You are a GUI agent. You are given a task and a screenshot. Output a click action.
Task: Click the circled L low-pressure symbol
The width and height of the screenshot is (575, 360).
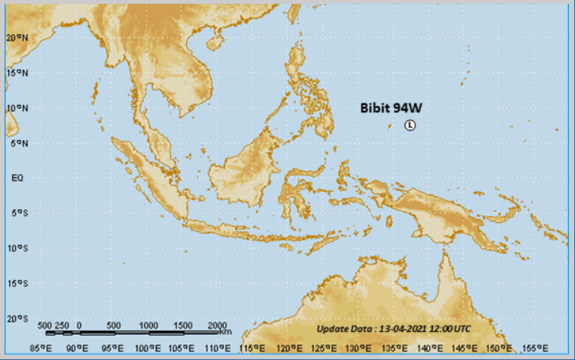click(x=410, y=126)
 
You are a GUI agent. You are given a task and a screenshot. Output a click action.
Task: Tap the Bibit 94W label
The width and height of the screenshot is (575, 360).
click(x=390, y=108)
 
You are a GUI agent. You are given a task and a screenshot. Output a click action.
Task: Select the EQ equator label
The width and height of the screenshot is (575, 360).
click(x=17, y=178)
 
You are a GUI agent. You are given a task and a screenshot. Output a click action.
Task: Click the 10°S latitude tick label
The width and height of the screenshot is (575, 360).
click(x=17, y=248)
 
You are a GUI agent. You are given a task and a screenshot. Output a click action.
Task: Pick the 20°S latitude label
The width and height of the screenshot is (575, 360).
click(x=17, y=318)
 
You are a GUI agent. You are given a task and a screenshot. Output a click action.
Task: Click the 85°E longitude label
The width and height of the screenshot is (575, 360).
click(x=40, y=349)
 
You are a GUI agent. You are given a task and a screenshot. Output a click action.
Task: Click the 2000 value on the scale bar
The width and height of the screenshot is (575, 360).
click(x=216, y=324)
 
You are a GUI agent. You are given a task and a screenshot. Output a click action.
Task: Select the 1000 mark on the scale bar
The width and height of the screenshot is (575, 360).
click(x=148, y=324)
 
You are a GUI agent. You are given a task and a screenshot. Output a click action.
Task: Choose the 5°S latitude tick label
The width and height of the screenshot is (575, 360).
click(x=17, y=213)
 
